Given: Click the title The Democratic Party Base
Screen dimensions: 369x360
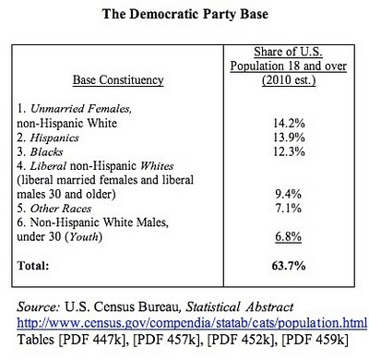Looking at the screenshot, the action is [x=185, y=14].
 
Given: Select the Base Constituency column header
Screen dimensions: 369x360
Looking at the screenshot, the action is [x=118, y=80].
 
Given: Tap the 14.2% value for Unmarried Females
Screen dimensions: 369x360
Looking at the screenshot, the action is [x=289, y=124].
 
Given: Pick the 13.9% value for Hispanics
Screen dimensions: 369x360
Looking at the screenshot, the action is [x=289, y=138].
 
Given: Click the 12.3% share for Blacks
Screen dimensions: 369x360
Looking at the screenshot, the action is [x=289, y=151].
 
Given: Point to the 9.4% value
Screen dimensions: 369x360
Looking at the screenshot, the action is [x=288, y=194].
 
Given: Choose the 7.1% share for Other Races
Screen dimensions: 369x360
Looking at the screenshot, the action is [x=288, y=209].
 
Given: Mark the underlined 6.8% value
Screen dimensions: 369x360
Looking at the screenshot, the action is [x=288, y=236].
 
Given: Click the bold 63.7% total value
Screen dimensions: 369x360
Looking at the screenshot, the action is [x=289, y=266].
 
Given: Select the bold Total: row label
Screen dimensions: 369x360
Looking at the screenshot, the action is [x=33, y=266].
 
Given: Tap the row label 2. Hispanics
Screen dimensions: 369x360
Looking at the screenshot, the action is [x=48, y=138].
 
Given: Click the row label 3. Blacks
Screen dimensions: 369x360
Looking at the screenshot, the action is [x=40, y=151].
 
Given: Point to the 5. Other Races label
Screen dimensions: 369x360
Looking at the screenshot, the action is [x=54, y=209].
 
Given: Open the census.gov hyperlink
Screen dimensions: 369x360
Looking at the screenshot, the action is [x=192, y=323].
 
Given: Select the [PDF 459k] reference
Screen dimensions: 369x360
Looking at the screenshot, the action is [x=315, y=340].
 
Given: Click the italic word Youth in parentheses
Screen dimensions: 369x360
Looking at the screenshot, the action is [x=84, y=237].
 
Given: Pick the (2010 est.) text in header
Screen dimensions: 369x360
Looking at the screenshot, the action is [x=289, y=80].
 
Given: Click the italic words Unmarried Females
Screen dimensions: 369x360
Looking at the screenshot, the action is [x=81, y=109].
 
